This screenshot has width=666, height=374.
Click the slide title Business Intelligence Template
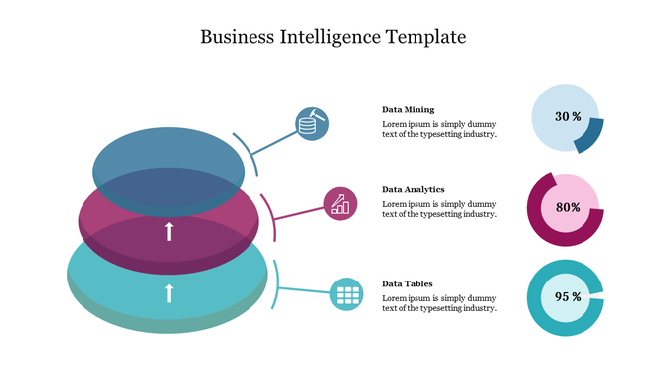[332, 38]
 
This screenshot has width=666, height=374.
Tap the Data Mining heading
[408, 109]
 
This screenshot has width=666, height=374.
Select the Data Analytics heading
[413, 189]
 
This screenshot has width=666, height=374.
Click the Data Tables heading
[407, 283]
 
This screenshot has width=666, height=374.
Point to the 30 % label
[567, 117]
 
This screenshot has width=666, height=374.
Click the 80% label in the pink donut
[567, 208]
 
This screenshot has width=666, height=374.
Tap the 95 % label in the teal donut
[567, 297]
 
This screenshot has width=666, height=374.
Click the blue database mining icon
[312, 123]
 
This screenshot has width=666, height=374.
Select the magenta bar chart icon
[340, 203]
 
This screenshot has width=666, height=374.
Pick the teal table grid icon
[346, 293]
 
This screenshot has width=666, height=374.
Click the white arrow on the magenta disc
[169, 231]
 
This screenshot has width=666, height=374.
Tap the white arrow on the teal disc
[169, 292]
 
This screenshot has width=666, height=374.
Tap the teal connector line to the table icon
[303, 291]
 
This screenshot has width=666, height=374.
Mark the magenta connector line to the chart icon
[298, 212]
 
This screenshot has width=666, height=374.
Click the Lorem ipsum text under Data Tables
[438, 303]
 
